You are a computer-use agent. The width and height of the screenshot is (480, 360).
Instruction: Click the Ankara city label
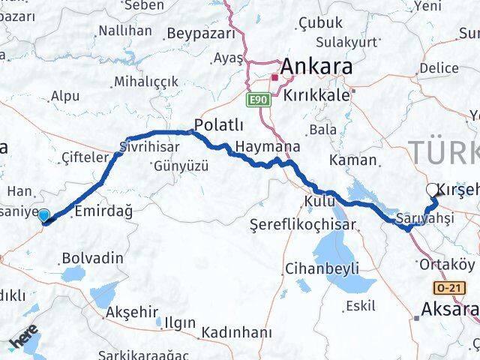[316, 66]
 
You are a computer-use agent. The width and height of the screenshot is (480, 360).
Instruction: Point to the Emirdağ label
[104, 212]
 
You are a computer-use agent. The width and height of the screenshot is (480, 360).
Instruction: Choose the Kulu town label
[319, 202]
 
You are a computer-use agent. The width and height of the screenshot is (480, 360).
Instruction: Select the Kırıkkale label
[317, 95]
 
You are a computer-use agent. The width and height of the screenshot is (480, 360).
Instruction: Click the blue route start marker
[44, 217]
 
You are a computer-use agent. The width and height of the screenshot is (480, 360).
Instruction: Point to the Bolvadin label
[93, 258]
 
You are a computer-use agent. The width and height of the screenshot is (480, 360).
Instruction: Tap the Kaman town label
[352, 159]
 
